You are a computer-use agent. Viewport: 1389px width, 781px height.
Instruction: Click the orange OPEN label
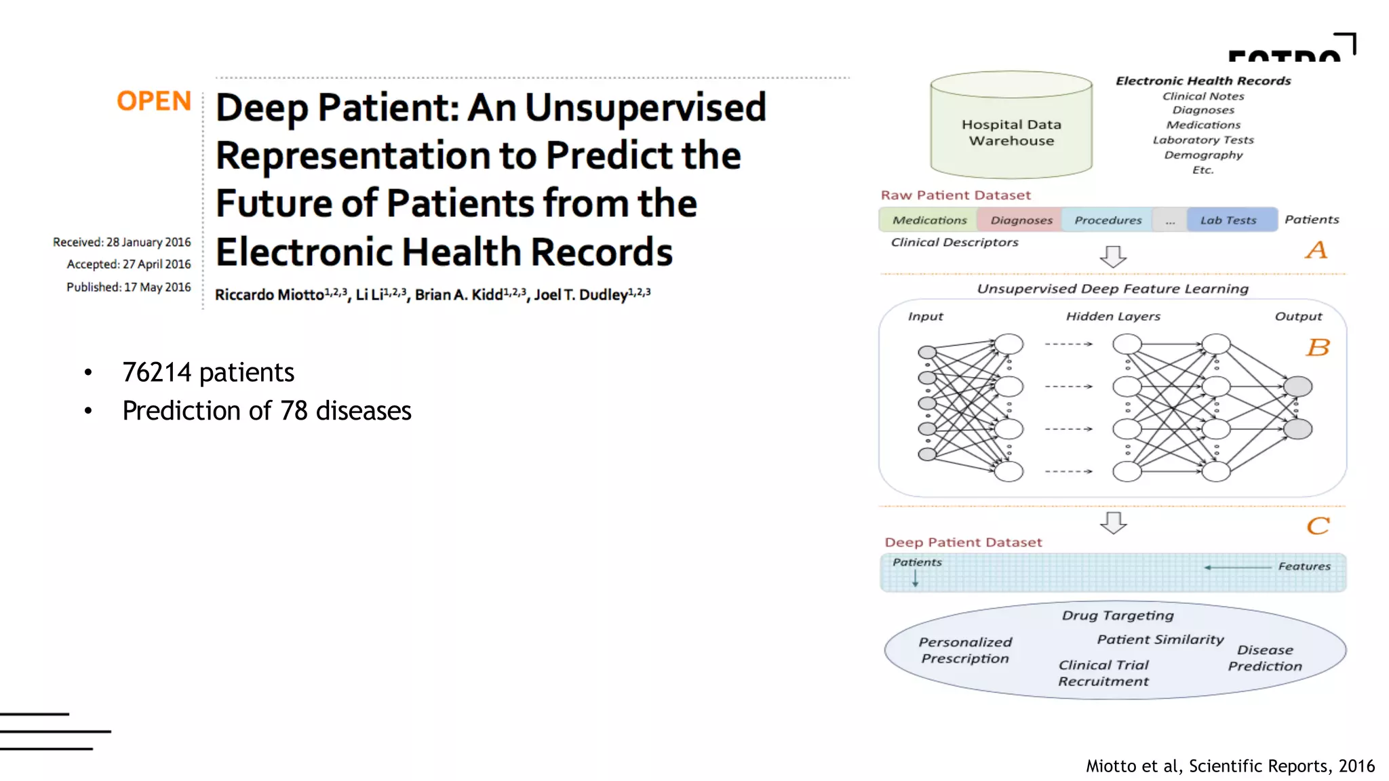(x=154, y=101)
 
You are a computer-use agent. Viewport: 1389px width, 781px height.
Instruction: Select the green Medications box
(x=928, y=220)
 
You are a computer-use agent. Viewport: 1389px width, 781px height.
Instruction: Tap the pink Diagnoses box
(x=1021, y=220)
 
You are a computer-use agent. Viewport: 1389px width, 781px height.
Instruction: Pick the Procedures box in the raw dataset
(x=1108, y=220)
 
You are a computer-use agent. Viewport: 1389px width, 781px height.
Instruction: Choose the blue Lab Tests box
(x=1228, y=220)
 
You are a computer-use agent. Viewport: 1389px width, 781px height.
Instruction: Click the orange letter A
(x=1316, y=250)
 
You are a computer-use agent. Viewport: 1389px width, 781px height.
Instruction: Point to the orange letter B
(x=1317, y=348)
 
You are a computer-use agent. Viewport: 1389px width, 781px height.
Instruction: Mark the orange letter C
(x=1318, y=526)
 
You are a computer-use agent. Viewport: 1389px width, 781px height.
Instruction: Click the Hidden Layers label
(x=1112, y=317)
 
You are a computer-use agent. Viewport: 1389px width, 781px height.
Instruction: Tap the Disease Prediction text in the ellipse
(x=1264, y=658)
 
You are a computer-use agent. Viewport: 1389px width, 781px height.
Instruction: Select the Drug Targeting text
(x=1117, y=616)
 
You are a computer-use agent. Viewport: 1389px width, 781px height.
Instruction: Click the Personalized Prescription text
(x=964, y=650)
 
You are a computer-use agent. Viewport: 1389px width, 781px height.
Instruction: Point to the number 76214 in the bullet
(x=157, y=373)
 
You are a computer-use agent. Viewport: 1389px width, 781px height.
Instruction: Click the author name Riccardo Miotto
(x=269, y=295)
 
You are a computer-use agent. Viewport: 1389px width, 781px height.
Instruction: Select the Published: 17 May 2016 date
(x=128, y=287)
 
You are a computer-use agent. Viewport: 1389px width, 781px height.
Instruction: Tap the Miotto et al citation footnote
(x=1230, y=766)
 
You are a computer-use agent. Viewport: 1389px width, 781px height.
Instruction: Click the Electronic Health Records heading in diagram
(x=1202, y=81)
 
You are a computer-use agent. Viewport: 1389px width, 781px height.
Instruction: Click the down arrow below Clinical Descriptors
(x=1112, y=256)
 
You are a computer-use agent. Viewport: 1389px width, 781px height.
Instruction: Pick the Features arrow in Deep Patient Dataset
(x=1238, y=567)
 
